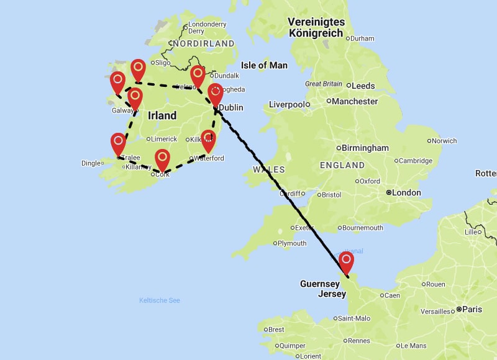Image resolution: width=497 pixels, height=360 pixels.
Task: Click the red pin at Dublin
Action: click(x=215, y=94)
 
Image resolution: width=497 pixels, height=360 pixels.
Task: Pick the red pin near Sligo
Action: click(x=138, y=69)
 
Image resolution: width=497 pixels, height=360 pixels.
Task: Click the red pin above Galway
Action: click(x=135, y=97)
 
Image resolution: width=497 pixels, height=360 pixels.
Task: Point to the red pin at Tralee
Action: click(x=118, y=143)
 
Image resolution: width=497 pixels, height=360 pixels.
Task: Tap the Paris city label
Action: click(x=472, y=308)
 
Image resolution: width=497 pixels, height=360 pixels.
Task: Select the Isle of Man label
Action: click(x=264, y=65)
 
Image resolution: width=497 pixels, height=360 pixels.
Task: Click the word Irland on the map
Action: click(x=162, y=115)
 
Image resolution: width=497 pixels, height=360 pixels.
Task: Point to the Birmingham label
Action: click(x=365, y=148)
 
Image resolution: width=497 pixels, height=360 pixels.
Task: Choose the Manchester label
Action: click(x=355, y=101)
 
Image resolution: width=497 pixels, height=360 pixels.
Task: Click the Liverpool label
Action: click(x=286, y=104)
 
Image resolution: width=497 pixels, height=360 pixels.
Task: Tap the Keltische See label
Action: click(x=160, y=300)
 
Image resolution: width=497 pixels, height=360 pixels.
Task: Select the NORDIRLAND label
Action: click(x=204, y=44)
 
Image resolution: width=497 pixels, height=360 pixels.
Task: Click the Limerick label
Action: click(x=164, y=139)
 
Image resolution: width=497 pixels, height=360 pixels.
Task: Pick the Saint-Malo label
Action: click(x=355, y=318)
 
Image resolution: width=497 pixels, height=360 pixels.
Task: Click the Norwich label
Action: click(x=444, y=141)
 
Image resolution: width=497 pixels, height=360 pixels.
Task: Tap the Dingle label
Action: click(x=91, y=163)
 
